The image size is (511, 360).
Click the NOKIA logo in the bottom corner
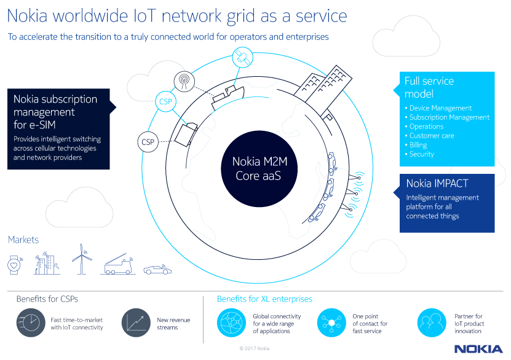(478, 348)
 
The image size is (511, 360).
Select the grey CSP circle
(148, 142)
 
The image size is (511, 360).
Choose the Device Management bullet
(440, 108)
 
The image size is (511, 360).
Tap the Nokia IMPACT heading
(437, 183)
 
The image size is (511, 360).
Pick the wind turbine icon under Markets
(81, 260)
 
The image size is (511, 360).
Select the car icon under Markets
(157, 269)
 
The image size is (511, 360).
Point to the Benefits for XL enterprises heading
(264, 299)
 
